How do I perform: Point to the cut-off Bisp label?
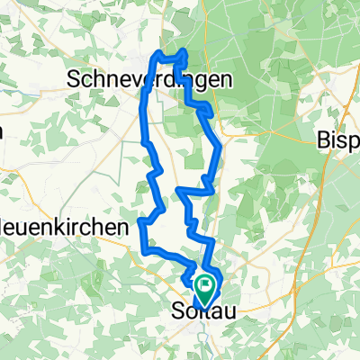coord(339,140)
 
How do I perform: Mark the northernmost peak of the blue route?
coord(184,51)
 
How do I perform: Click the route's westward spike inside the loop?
coord(180,191)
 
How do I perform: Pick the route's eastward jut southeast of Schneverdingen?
coord(211,111)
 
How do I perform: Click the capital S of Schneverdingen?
coord(75,79)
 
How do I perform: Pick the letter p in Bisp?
coord(353,142)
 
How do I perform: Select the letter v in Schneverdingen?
coord(128,79)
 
